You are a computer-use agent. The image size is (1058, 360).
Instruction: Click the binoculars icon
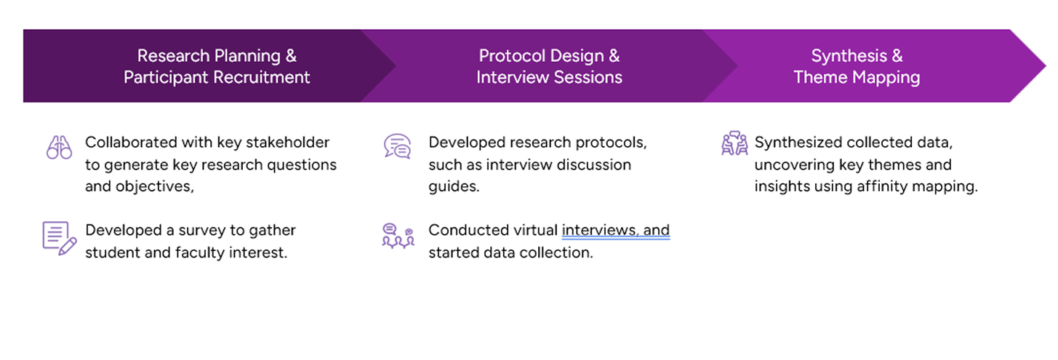click(x=59, y=147)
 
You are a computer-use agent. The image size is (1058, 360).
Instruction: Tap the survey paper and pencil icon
click(x=60, y=238)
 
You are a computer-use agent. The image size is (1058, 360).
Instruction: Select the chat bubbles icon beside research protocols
click(x=397, y=146)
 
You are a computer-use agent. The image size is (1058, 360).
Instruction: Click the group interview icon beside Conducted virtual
click(x=398, y=236)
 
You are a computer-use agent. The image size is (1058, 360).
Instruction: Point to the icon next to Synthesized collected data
click(x=734, y=143)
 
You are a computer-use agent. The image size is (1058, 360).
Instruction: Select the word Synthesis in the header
click(x=849, y=56)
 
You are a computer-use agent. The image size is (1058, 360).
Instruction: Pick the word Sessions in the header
click(x=588, y=77)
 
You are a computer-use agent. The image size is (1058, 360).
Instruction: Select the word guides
click(x=454, y=187)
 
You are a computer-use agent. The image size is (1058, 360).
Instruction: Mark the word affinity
click(x=882, y=186)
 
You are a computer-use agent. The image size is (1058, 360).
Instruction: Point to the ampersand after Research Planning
click(x=291, y=56)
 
